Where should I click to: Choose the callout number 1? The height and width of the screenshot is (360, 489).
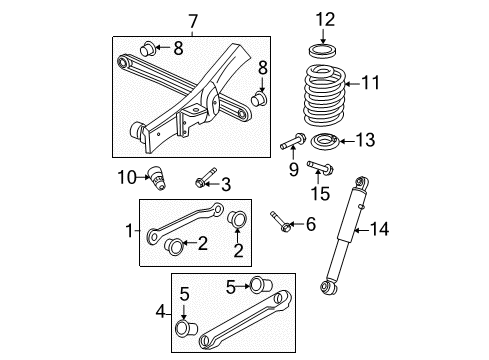pos(128,230)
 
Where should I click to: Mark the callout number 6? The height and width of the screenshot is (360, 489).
pos(311,225)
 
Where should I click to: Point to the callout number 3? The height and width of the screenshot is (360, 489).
pos(226,183)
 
